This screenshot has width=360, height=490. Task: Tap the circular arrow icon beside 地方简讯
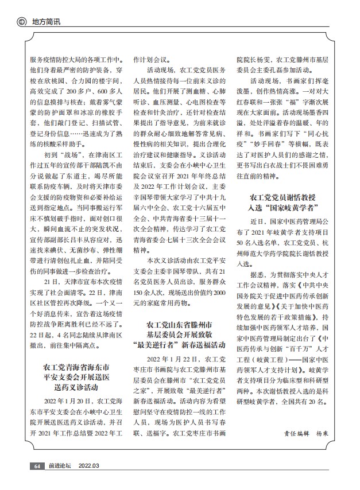(x=22, y=22)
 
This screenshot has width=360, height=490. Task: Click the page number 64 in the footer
(x=36, y=466)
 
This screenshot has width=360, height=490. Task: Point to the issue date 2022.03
(x=88, y=466)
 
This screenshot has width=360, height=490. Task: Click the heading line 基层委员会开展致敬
(x=182, y=337)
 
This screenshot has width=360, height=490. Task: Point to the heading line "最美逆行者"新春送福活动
(x=182, y=348)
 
